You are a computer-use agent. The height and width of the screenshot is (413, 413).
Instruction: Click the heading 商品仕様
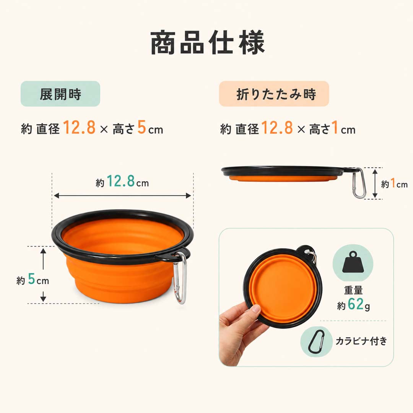207,43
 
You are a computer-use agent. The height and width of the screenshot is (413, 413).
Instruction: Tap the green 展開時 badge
60,94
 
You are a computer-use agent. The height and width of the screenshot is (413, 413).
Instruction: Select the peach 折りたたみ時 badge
274,94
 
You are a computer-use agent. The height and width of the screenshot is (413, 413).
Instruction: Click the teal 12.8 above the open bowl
121,181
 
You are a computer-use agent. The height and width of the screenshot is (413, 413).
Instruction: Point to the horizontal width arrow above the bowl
122,195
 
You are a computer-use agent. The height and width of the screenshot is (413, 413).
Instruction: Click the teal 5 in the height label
32,279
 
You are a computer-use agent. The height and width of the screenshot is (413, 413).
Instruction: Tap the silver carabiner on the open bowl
180,278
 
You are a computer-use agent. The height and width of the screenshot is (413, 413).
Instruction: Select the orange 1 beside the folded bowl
393,183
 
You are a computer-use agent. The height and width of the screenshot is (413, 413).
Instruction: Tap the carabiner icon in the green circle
316,342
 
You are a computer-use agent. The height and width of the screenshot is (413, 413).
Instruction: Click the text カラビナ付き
361,341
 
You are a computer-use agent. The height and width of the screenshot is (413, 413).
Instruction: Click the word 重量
353,290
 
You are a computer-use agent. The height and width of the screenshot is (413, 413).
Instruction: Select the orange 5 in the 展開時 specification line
141,127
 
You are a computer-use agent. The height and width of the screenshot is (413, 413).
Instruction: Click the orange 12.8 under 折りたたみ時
277,127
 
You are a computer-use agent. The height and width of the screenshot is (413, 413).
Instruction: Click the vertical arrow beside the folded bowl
375,184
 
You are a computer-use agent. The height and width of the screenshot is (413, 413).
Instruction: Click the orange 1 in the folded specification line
335,127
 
